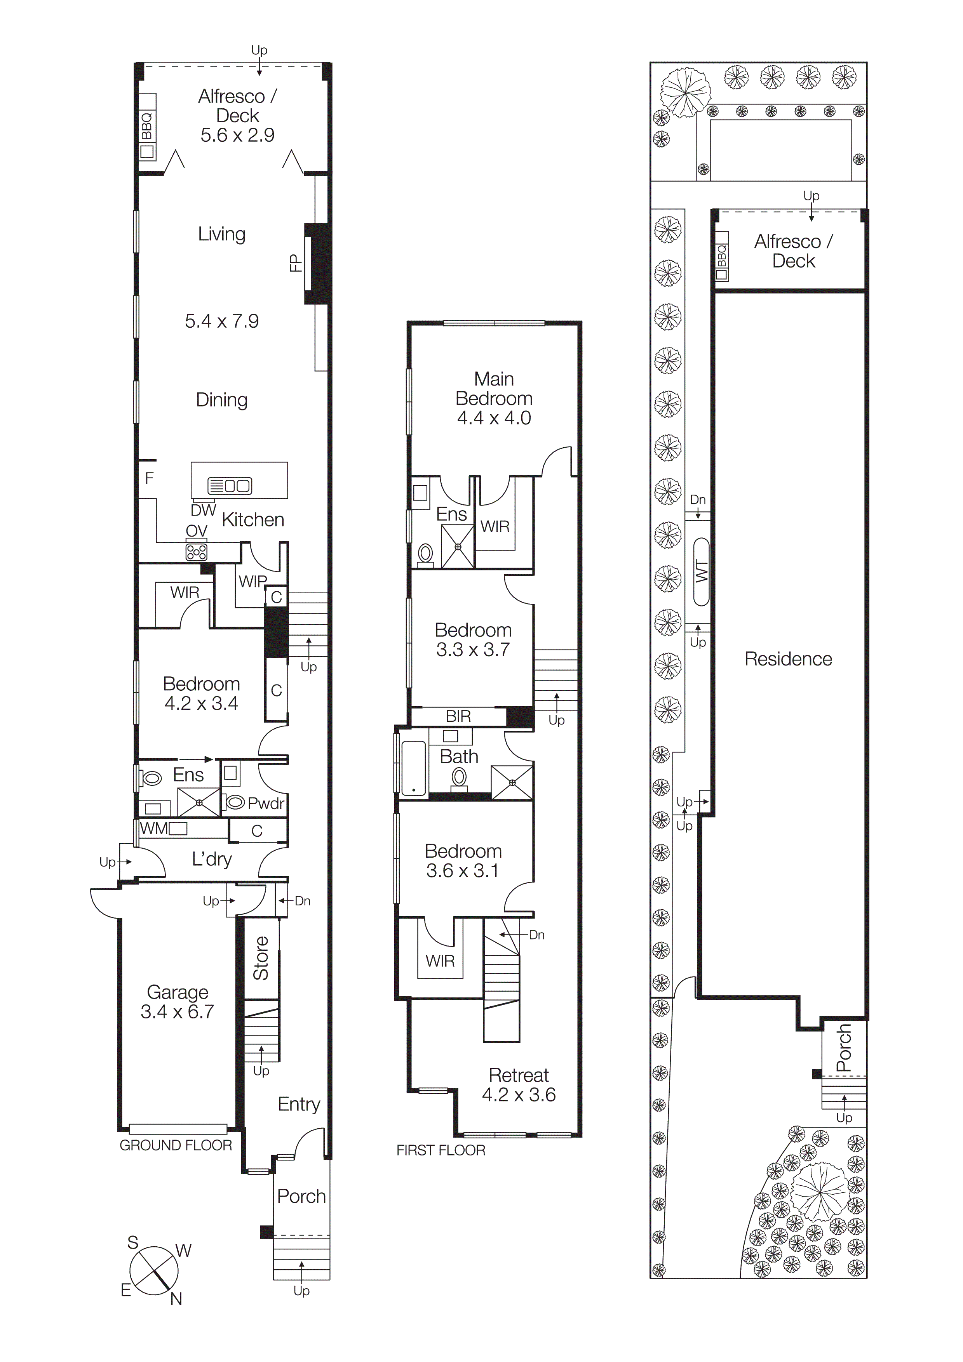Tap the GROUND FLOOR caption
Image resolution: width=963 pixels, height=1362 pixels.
tap(176, 1145)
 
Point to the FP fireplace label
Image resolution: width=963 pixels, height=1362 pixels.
tap(295, 263)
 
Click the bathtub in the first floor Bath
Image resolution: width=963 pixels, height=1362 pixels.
tap(414, 768)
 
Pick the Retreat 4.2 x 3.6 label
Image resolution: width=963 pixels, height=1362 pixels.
tap(519, 1084)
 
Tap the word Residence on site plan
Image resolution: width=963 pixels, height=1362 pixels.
tap(788, 659)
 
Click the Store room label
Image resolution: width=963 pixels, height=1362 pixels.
tap(261, 958)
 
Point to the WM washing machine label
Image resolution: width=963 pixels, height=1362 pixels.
tap(154, 828)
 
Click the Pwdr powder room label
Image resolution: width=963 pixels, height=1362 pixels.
tap(266, 803)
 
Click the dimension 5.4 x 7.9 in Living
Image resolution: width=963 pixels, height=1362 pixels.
tap(221, 321)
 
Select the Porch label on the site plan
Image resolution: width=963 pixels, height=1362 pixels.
tap(843, 1048)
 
